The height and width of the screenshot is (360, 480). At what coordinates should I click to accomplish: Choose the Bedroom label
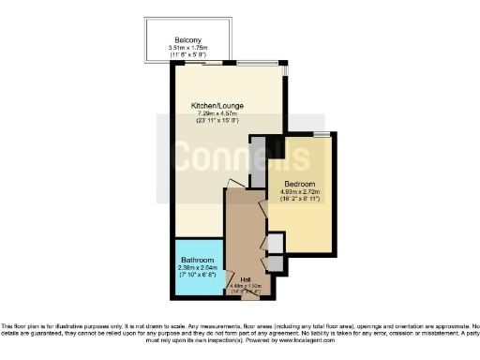coord(300,184)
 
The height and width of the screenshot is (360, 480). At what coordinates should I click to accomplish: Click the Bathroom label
coord(198,261)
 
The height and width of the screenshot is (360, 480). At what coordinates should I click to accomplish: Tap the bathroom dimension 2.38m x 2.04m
coord(198,268)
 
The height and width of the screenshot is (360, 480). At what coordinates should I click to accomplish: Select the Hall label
coord(246,279)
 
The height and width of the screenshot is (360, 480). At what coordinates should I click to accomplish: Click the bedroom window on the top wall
coord(322,135)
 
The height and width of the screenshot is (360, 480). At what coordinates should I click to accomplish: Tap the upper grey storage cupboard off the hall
coord(275,243)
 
